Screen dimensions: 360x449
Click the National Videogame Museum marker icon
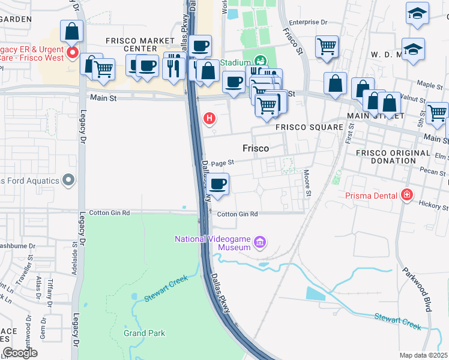tap(260, 242)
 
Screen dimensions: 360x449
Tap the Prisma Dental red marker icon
tap(408, 195)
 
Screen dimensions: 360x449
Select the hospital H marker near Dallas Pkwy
tap(209, 118)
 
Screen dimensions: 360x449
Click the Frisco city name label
tap(255, 148)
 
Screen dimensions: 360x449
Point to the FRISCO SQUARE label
tap(309, 127)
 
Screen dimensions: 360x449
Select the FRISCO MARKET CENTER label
tap(136, 44)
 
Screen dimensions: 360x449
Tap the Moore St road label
tap(307, 183)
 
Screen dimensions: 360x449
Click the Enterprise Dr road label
tap(308, 22)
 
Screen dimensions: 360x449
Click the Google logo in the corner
tap(20, 353)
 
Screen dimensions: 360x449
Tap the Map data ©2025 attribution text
tap(423, 355)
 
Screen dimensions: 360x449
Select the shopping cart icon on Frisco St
tap(326, 46)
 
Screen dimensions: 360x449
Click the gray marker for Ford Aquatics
tap(68, 180)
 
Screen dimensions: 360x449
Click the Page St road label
tap(221, 162)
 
